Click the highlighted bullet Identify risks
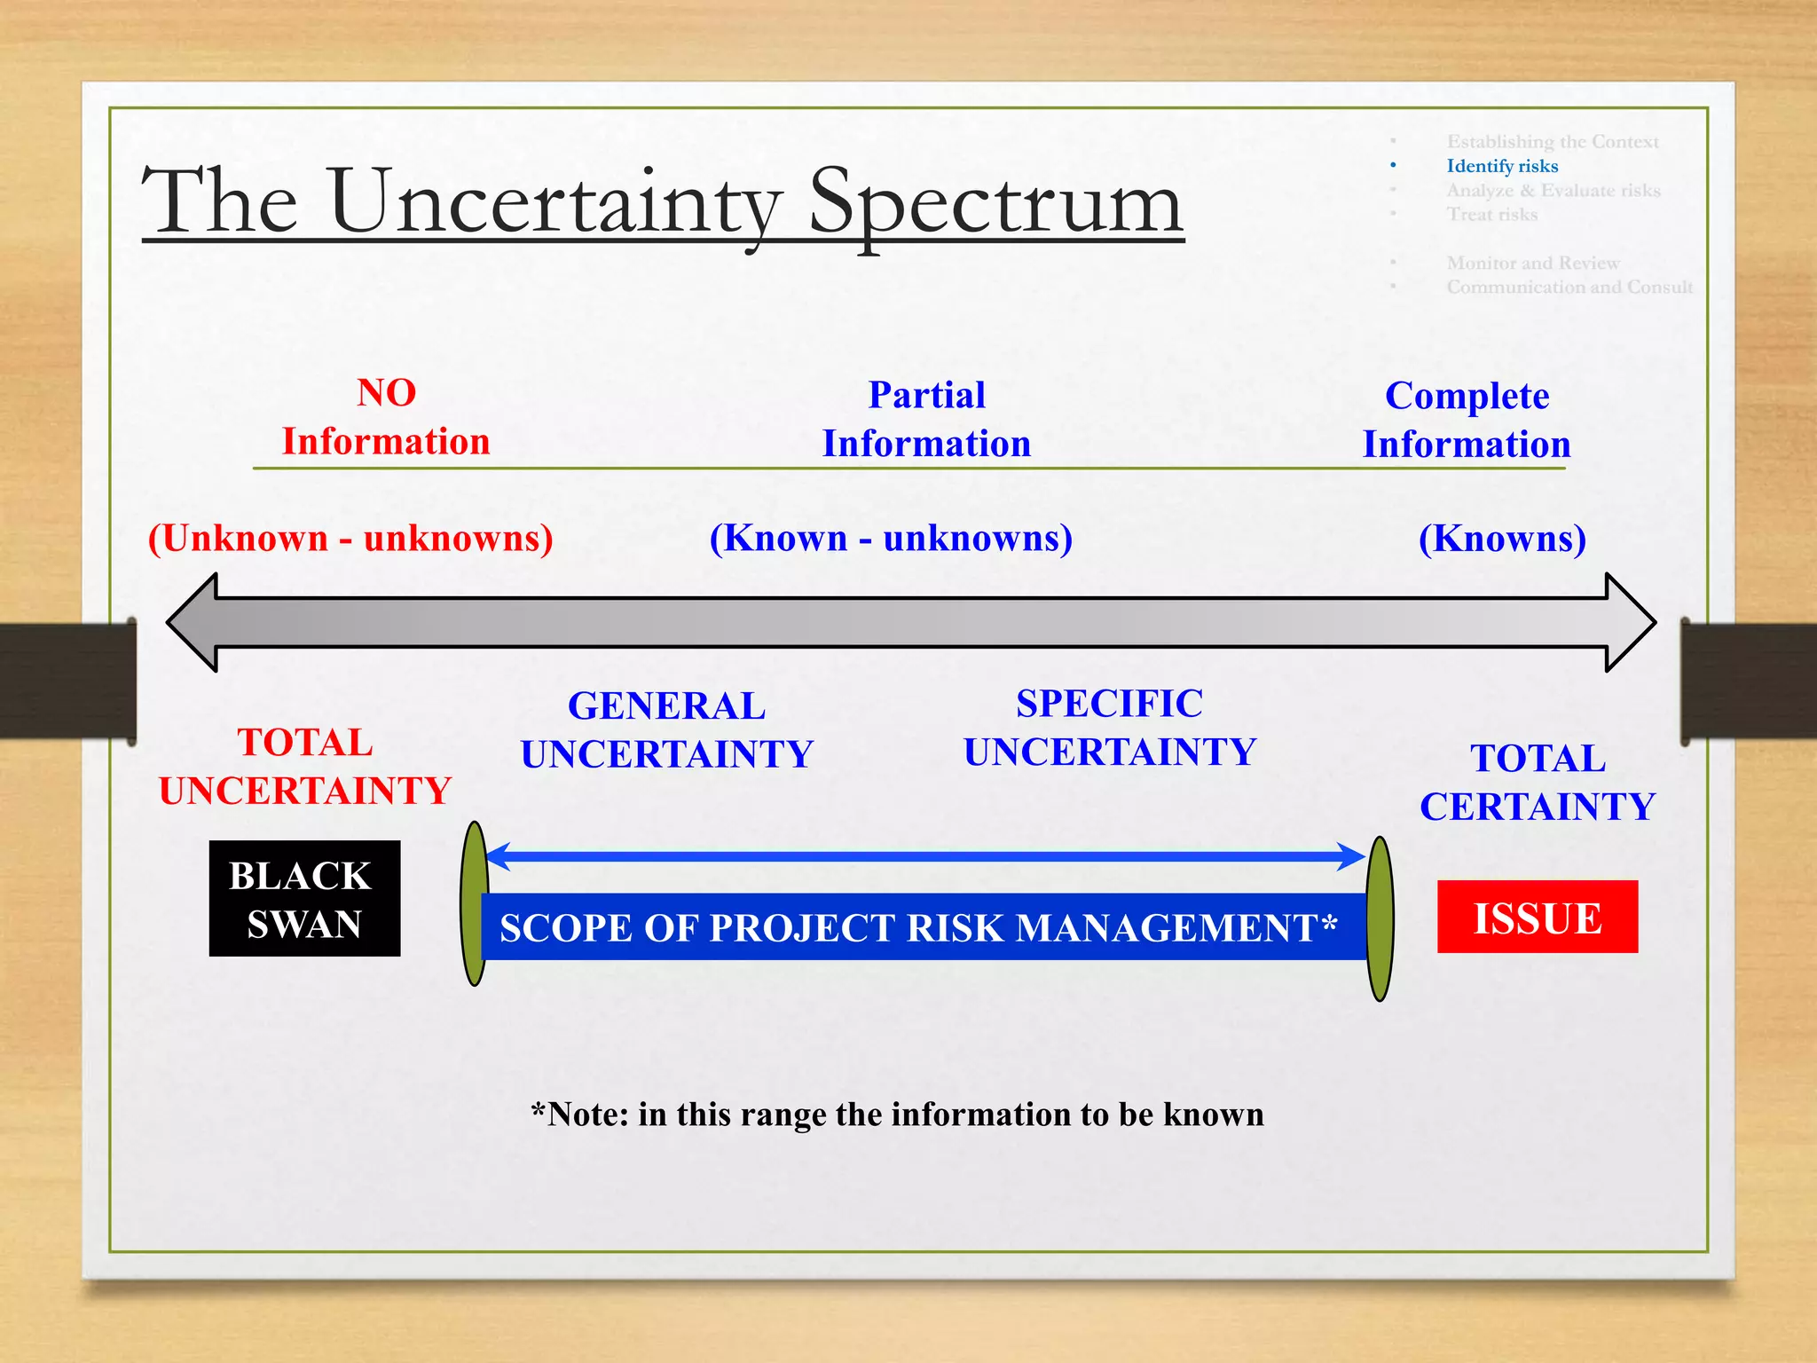(1501, 166)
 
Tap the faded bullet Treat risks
(1491, 214)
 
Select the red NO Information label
(386, 417)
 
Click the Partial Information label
(926, 419)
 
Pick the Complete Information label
(1467, 420)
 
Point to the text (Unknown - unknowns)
(350, 538)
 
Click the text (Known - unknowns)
(891, 538)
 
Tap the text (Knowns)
(1502, 538)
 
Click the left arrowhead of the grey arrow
(195, 622)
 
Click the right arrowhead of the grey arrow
(1629, 622)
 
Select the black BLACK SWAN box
(304, 898)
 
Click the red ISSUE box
(1537, 917)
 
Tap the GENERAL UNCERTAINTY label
(666, 729)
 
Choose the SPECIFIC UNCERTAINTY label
(1110, 728)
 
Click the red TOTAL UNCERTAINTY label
(305, 766)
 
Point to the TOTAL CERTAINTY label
(1538, 783)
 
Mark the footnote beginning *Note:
(896, 1114)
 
